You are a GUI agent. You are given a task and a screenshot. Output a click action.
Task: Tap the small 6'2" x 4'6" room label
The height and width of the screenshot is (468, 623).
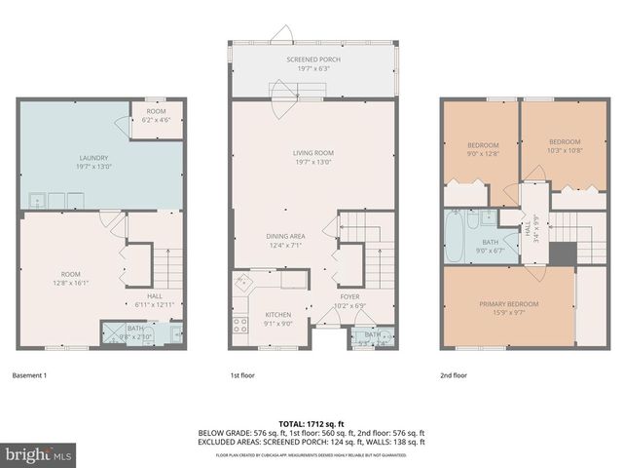pyautogui.click(x=156, y=116)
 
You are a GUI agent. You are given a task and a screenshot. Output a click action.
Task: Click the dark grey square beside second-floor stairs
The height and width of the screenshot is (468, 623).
pyautogui.click(x=562, y=253)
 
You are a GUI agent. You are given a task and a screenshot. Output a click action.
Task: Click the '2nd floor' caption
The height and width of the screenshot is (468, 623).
pyautogui.click(x=455, y=375)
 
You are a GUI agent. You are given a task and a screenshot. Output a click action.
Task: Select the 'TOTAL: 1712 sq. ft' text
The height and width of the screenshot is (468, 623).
pyautogui.click(x=311, y=423)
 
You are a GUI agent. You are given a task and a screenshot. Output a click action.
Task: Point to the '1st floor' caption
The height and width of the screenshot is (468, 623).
pyautogui.click(x=242, y=375)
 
